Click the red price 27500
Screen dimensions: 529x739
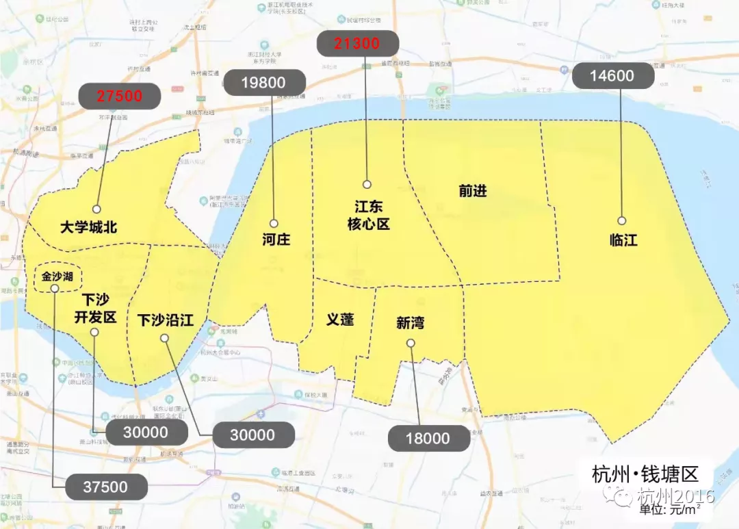click(119, 96)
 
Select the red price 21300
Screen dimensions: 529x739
click(357, 44)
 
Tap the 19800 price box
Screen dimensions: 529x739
click(263, 83)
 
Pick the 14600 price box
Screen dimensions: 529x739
click(612, 76)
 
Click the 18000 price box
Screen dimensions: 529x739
click(428, 439)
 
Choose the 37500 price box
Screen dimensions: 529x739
click(106, 487)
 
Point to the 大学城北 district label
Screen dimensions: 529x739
click(88, 227)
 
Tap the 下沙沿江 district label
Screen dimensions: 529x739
click(165, 320)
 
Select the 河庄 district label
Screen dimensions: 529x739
click(276, 240)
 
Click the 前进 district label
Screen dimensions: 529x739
click(473, 191)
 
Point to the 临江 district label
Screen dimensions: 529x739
click(623, 240)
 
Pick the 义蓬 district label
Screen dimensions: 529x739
click(340, 319)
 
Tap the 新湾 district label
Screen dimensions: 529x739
click(410, 323)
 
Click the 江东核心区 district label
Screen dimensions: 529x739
click(368, 215)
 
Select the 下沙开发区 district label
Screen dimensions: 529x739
click(95, 309)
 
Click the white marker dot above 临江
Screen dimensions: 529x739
click(621, 220)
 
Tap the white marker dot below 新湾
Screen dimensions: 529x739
click(411, 343)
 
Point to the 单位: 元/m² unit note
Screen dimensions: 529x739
click(671, 510)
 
